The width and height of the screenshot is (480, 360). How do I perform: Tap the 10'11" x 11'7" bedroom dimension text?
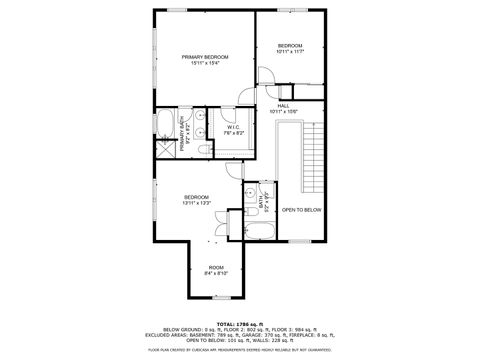pyautogui.click(x=290, y=51)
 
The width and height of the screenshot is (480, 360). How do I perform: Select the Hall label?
pyautogui.click(x=283, y=106)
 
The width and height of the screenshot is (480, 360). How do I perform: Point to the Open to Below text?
pyautogui.click(x=301, y=210)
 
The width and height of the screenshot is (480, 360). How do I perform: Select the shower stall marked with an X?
pyautogui.click(x=162, y=151)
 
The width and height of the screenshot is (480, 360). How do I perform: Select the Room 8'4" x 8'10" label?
pyautogui.click(x=216, y=270)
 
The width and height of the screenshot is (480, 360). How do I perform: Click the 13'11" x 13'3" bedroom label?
pyautogui.click(x=196, y=201)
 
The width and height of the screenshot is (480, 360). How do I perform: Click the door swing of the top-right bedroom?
pyautogui.click(x=267, y=76)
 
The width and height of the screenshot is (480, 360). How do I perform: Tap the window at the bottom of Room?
pyautogui.click(x=217, y=297)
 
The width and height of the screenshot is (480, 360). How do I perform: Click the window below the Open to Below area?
pyautogui.click(x=300, y=242)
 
